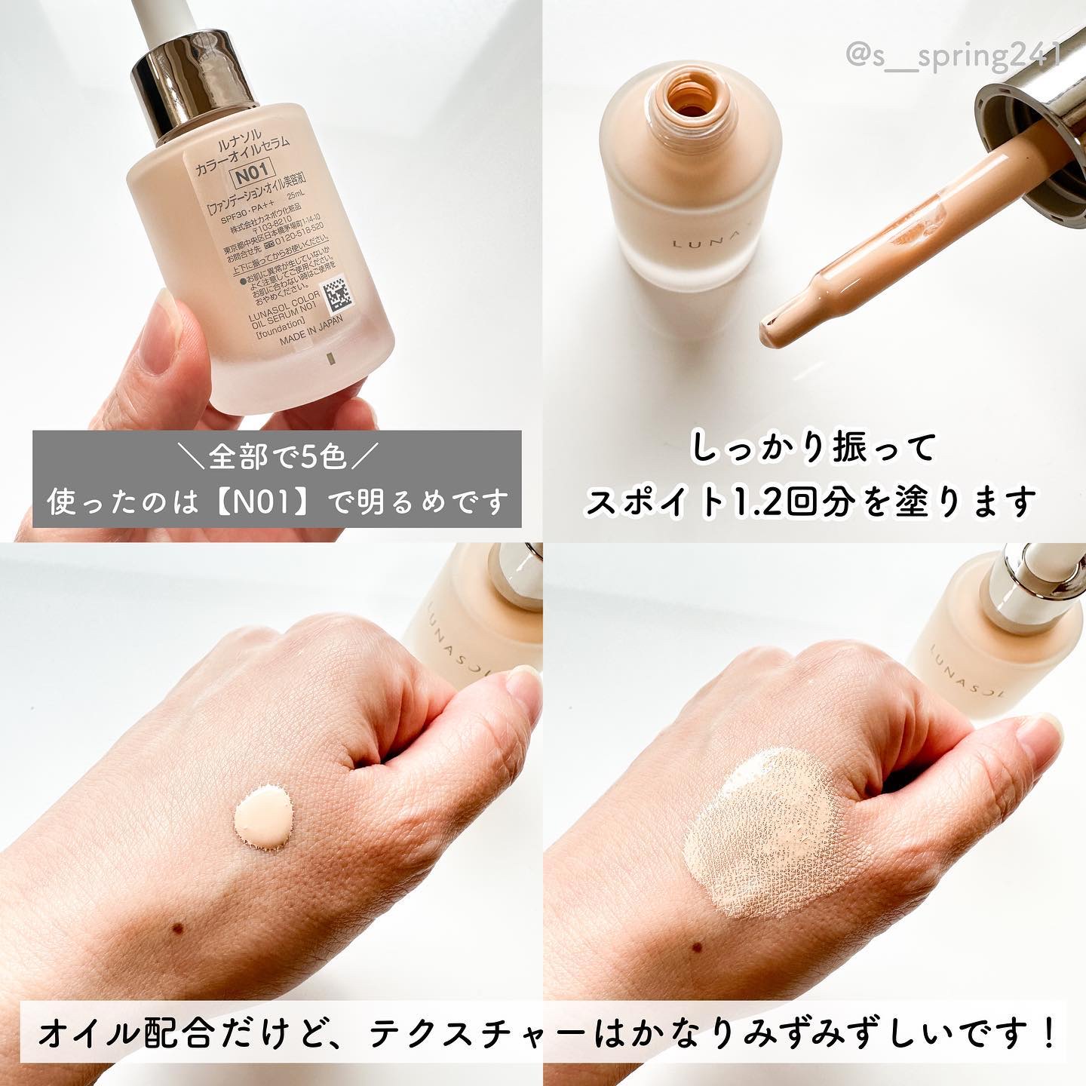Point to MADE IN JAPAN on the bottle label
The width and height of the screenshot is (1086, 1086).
click(x=310, y=340)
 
